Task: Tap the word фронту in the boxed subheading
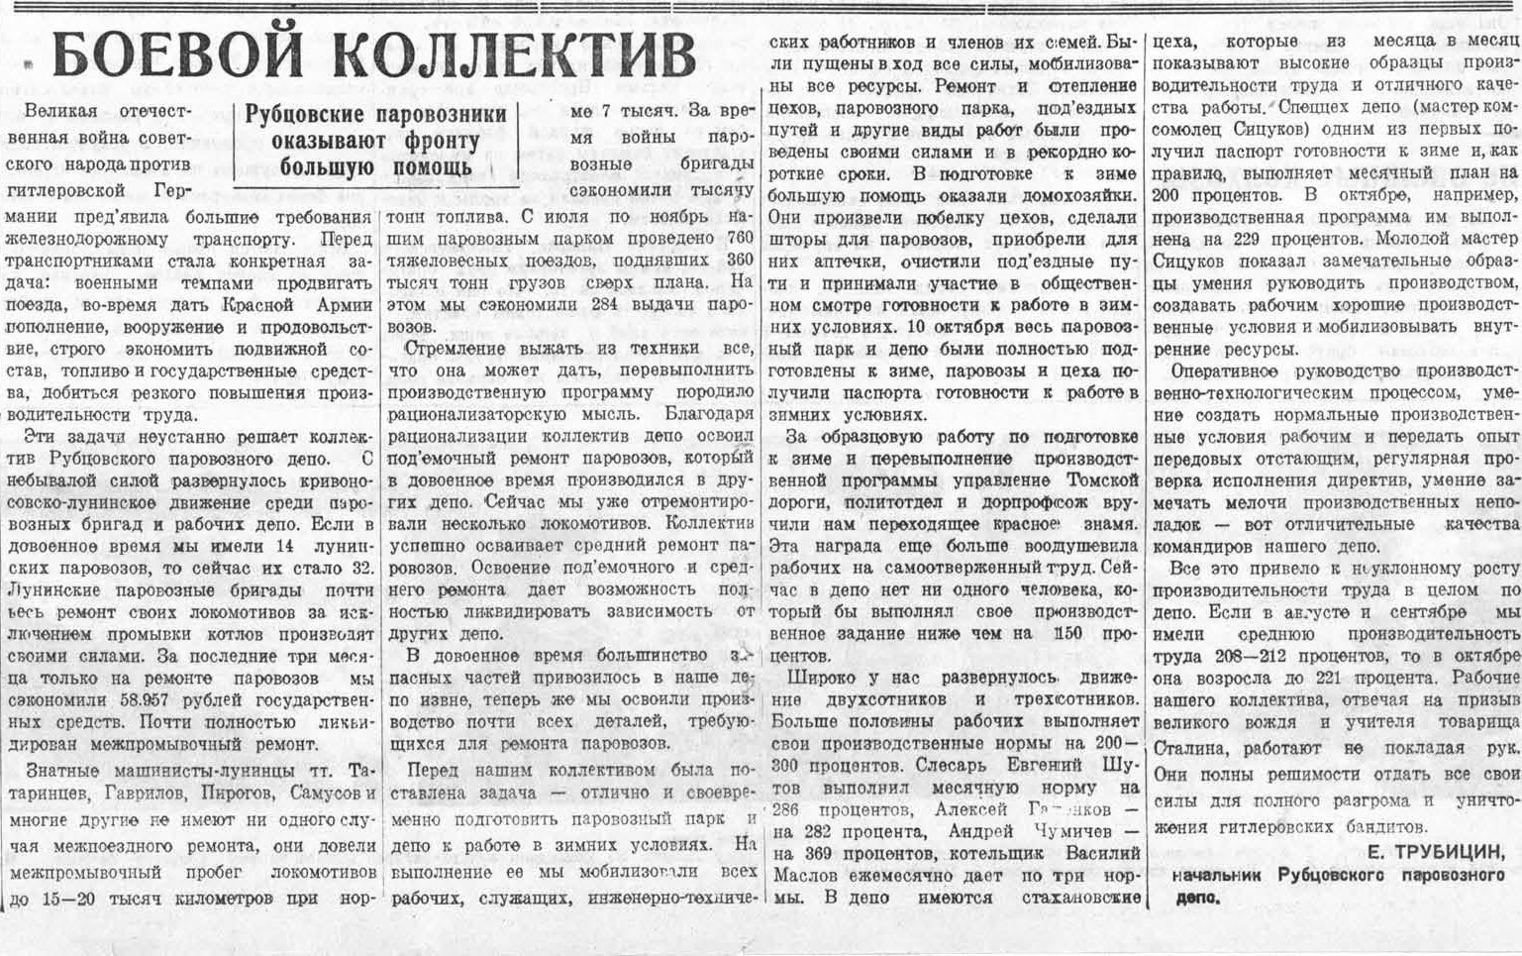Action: (x=430, y=141)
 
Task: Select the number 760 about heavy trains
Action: (x=739, y=238)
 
